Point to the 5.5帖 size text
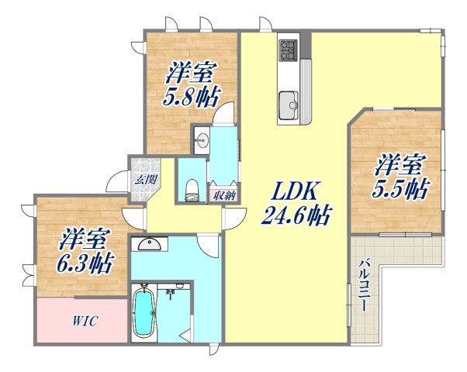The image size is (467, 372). [x=400, y=188]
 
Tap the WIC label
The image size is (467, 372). [x=85, y=320]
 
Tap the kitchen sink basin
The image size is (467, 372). [x=289, y=102]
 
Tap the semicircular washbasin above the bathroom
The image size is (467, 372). [x=150, y=245]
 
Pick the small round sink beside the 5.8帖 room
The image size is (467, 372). [x=202, y=140]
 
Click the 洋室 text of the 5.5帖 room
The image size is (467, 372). [x=400, y=165]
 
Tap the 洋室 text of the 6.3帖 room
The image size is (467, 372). [x=82, y=237]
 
